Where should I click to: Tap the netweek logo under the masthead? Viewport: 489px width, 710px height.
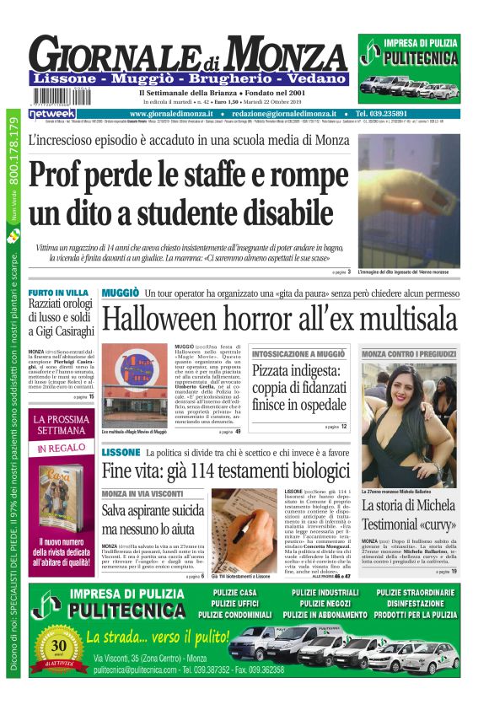point(52,113)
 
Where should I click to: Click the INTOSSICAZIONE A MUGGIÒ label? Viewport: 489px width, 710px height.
point(298,354)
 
